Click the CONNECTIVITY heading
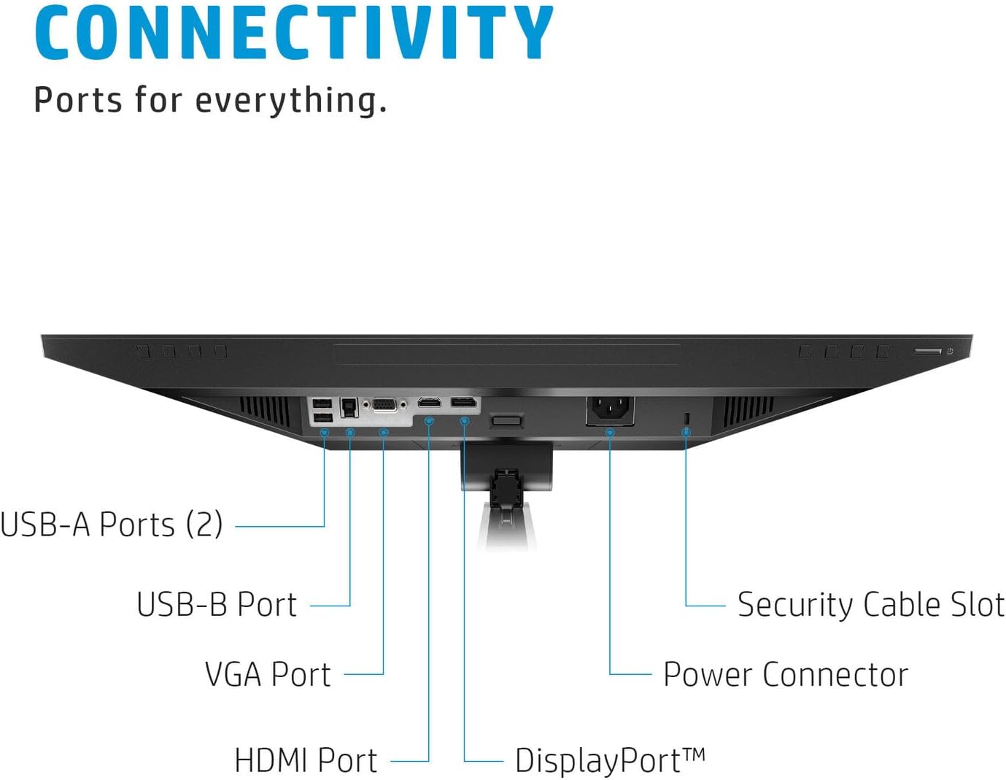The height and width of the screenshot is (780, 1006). (x=293, y=33)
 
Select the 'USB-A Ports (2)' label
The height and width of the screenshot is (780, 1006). (x=112, y=524)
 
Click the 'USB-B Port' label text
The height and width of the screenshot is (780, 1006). (x=217, y=605)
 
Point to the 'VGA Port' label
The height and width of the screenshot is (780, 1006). (x=268, y=674)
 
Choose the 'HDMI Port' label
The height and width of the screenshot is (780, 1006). (x=306, y=760)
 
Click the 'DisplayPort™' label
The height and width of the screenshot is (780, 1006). (x=610, y=760)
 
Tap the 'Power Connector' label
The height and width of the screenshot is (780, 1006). (x=786, y=674)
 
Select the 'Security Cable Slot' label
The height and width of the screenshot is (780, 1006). (x=871, y=605)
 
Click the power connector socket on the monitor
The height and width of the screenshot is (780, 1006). (x=610, y=409)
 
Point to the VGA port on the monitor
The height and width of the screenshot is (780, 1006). (x=384, y=406)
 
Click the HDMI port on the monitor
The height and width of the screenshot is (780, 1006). (x=429, y=402)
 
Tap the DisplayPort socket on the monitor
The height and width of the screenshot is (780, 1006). (x=464, y=402)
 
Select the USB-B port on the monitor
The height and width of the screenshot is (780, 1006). (x=349, y=407)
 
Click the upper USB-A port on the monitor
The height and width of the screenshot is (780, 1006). (x=322, y=403)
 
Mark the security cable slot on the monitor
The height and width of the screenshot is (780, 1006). (x=686, y=418)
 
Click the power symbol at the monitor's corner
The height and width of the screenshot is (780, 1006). (x=950, y=351)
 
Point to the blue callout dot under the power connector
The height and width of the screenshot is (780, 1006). (x=610, y=433)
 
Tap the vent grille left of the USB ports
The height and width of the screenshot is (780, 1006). (x=265, y=412)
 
